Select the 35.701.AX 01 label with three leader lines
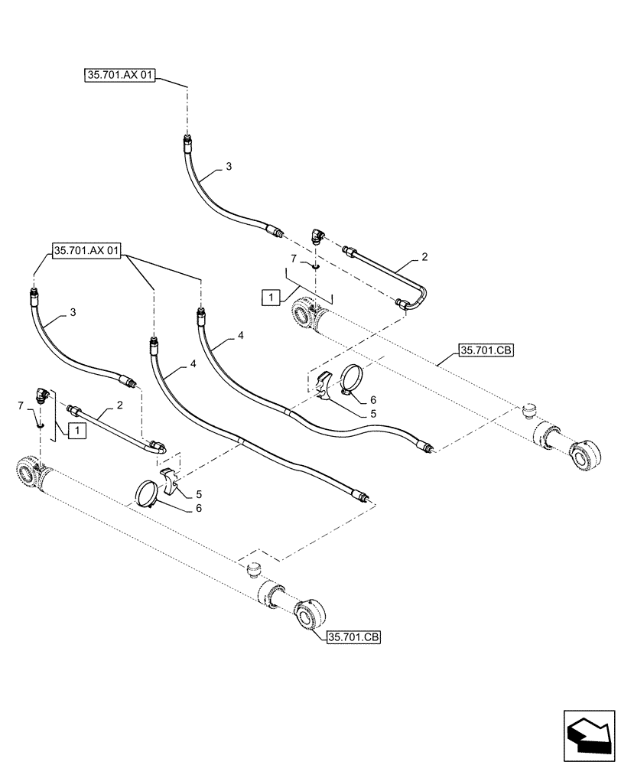pos(87,251)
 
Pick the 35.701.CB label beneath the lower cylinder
pos(353,636)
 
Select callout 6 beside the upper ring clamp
pos(372,399)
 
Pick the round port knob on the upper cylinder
pos(529,412)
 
